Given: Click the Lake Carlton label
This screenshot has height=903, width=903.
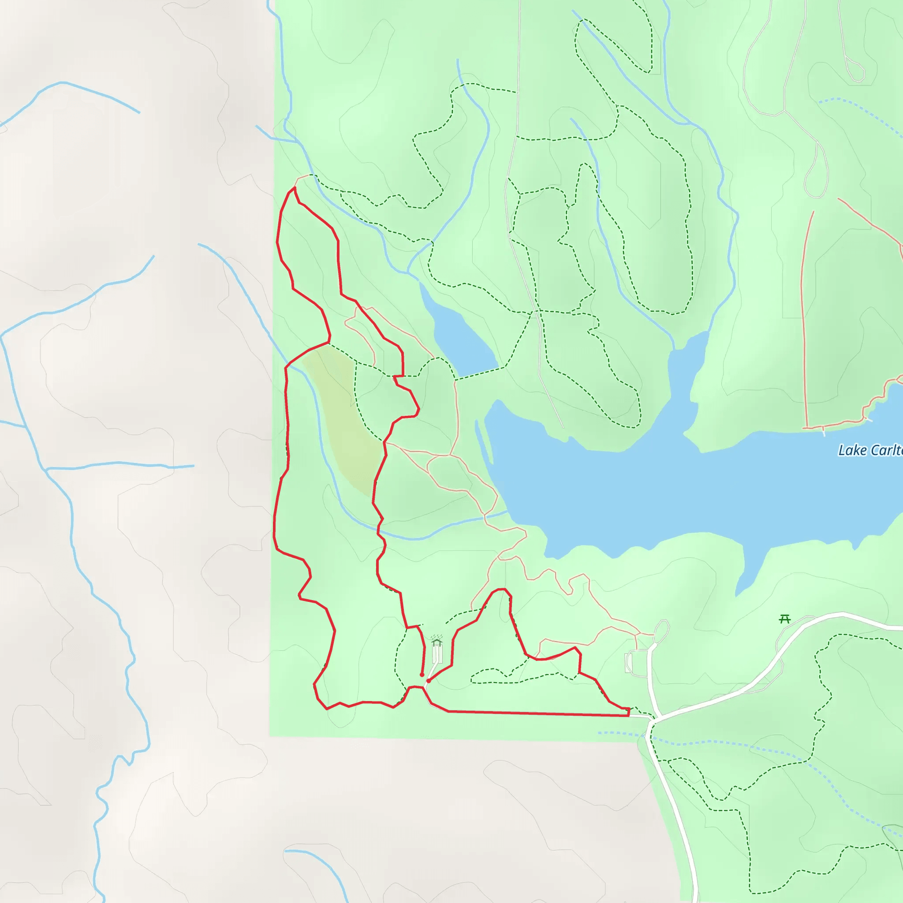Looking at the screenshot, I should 869,451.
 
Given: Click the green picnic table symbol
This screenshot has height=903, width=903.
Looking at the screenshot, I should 785,620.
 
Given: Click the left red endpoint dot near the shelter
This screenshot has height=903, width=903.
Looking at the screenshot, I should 422,675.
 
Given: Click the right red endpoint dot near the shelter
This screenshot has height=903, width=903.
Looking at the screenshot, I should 429,681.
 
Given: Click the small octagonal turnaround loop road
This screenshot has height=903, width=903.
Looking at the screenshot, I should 662,631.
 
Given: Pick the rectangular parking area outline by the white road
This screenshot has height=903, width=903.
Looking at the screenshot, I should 629,663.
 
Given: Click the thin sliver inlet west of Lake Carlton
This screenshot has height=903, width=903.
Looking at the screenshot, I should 484,442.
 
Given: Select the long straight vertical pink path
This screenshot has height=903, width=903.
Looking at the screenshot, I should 802,327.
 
